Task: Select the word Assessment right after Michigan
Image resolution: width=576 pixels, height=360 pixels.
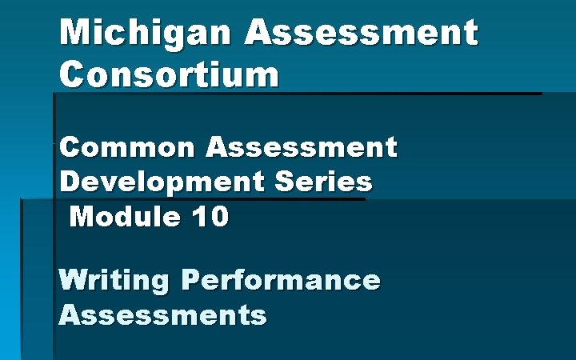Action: coord(362,34)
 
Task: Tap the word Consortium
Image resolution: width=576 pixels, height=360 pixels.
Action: coord(170,75)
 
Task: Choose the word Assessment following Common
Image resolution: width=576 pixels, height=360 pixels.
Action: coord(301,147)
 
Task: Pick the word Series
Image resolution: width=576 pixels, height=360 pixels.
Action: coord(324,182)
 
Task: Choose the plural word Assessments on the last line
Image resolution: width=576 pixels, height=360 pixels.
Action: coord(162,314)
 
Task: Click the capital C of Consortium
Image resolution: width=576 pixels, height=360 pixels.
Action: coord(72,75)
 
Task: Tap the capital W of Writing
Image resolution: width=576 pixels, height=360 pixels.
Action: coord(74,280)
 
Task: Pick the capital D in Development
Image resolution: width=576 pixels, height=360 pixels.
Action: coord(70,182)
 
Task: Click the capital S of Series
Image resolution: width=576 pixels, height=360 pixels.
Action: coord(285,182)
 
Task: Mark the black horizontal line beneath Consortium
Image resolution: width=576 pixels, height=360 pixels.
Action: coord(296,94)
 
